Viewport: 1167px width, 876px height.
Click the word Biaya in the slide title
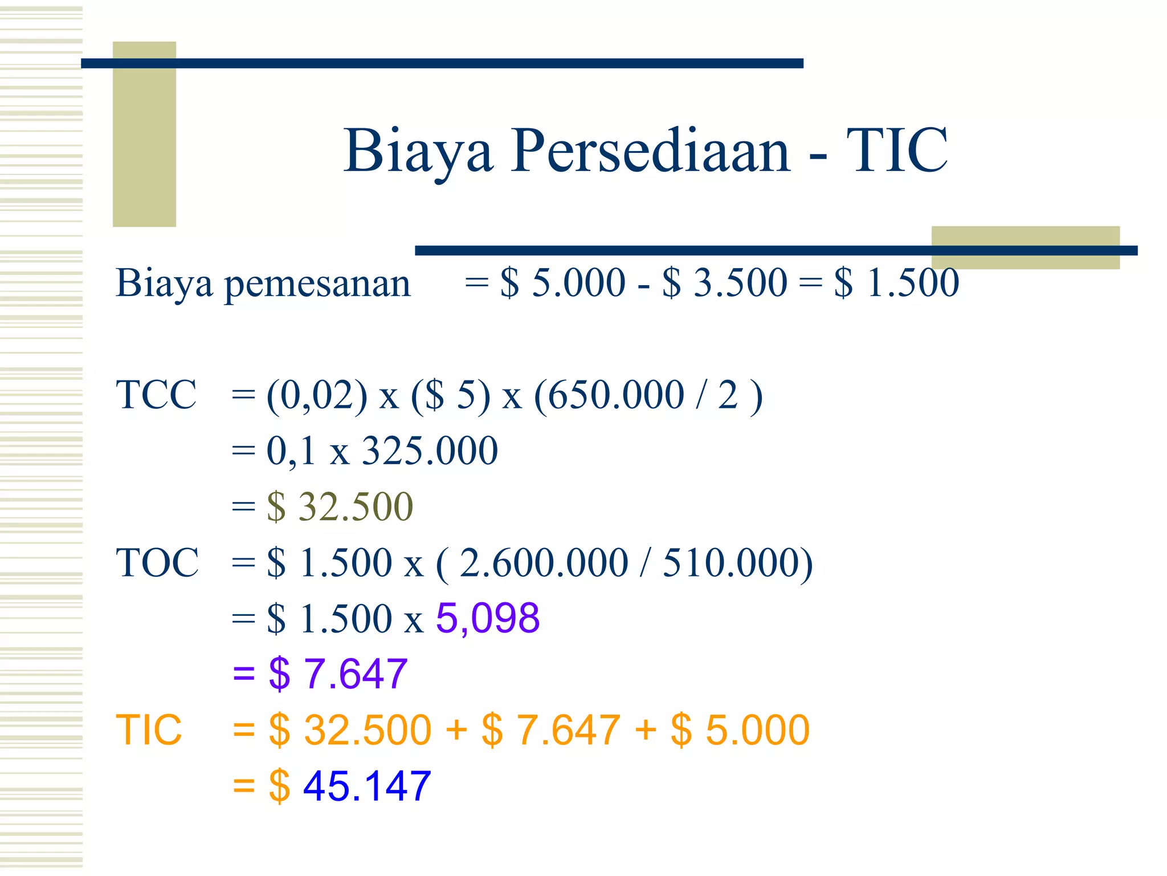[418, 151]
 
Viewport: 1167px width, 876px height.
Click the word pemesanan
[317, 283]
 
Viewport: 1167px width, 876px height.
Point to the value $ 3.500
[724, 283]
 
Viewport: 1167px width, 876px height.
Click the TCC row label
[156, 395]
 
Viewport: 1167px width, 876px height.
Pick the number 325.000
[430, 451]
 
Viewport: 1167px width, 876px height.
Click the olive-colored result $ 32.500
[340, 506]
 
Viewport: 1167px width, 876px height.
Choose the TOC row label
[157, 563]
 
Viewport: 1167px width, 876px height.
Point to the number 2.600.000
[544, 563]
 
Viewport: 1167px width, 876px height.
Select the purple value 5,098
[488, 618]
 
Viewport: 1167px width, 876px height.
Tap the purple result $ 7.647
[338, 674]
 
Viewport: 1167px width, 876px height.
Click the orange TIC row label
[149, 730]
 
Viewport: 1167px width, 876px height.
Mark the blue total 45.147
[367, 786]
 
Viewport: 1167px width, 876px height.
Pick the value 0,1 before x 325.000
[291, 451]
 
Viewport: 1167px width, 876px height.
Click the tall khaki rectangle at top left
[144, 134]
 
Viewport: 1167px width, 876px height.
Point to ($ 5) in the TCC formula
[450, 395]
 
